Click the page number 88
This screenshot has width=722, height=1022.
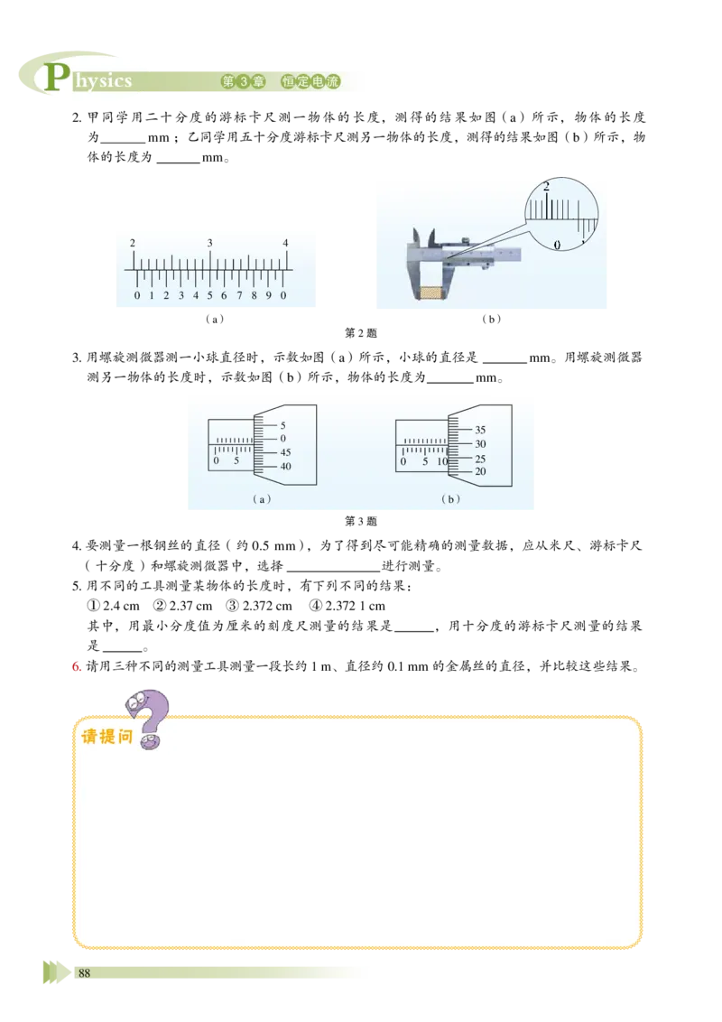pos(85,972)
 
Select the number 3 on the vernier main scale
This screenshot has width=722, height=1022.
pos(210,243)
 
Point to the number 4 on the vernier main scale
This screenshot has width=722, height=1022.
pos(285,243)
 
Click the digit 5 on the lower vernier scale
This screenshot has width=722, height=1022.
pos(209,295)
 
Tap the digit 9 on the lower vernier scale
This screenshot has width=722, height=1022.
pos(268,295)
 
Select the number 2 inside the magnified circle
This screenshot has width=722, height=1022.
pos(546,187)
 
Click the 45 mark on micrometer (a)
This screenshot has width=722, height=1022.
pos(285,452)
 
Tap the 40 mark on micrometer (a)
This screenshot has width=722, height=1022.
pos(285,467)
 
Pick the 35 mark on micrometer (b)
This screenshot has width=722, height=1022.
pos(480,430)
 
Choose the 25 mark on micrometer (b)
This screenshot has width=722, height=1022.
pos(480,459)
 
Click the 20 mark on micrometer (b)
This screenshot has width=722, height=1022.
pos(480,471)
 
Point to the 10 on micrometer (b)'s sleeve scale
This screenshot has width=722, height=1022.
pos(442,461)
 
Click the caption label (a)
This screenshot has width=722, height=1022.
pos(262,498)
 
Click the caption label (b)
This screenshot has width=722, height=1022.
pos(450,498)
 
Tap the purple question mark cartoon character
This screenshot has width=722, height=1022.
pos(152,718)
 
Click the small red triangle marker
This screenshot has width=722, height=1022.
pos(77,667)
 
